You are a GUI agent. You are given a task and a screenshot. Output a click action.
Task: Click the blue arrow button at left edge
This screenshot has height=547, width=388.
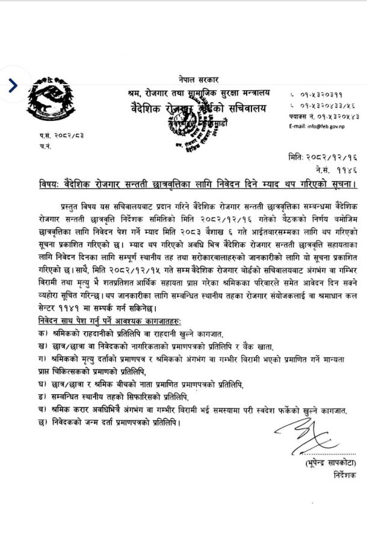(13, 85)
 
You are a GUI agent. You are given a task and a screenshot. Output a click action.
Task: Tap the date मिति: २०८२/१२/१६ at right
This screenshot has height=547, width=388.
(330, 156)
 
